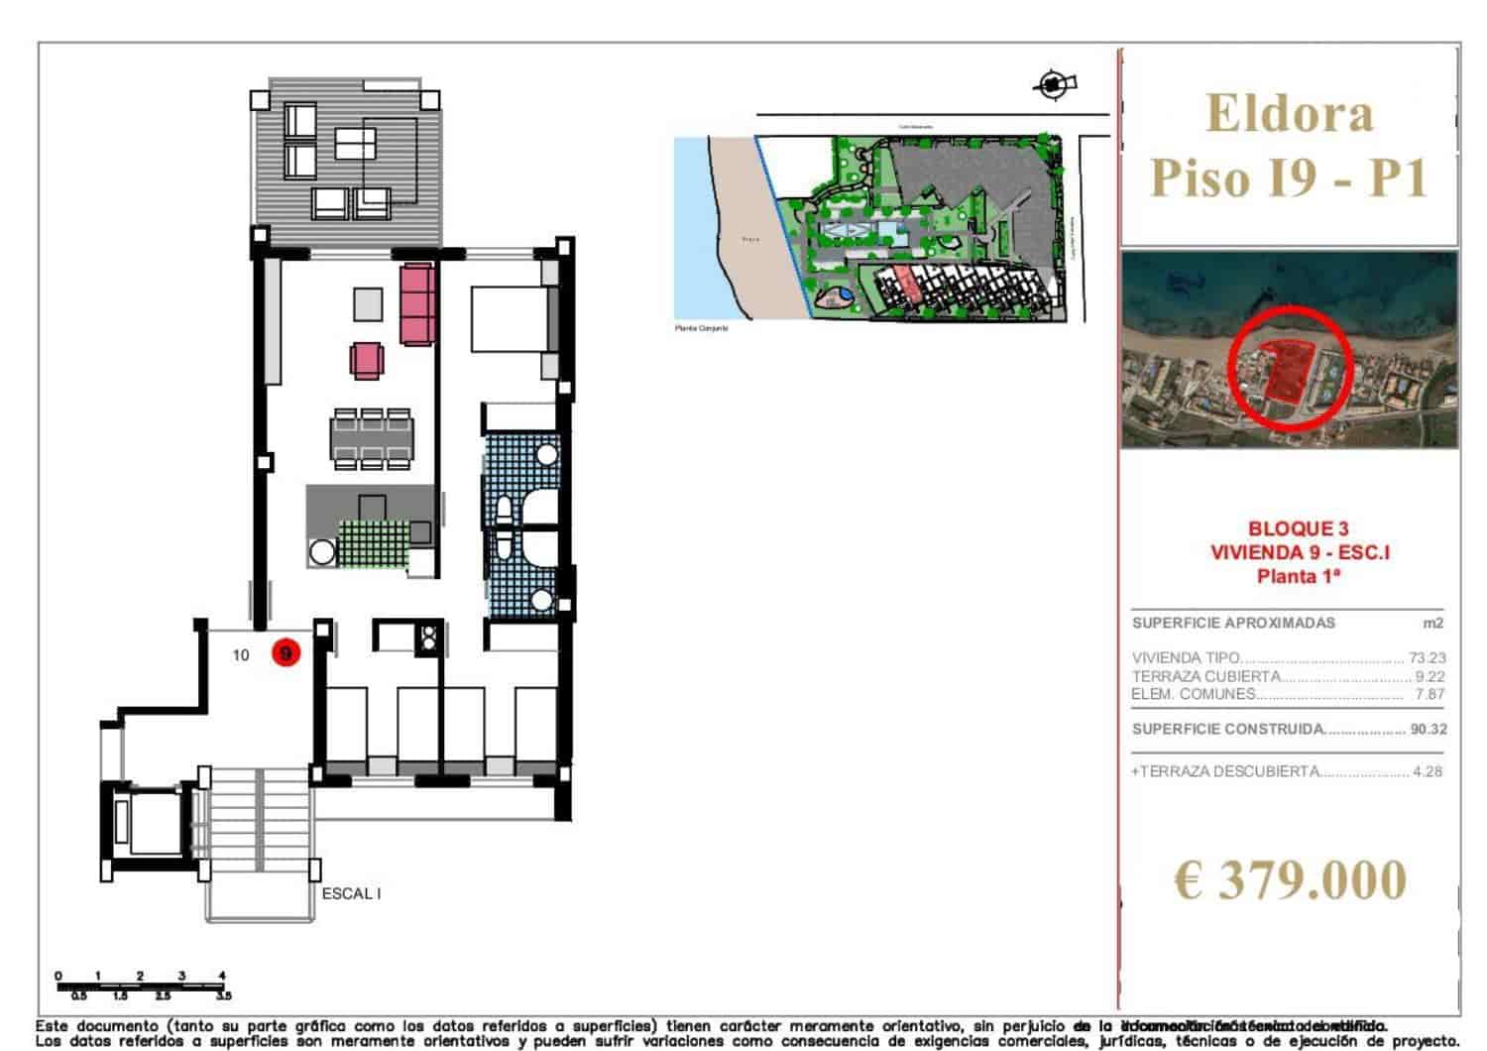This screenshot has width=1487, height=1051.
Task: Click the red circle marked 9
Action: point(286,654)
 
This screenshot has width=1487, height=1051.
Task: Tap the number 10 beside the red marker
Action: point(241,654)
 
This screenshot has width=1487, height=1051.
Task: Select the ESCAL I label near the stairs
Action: point(351,893)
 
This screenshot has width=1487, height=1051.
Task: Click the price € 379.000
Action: point(1290,879)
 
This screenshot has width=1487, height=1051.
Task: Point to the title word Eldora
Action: point(1290,113)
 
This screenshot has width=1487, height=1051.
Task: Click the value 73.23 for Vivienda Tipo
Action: point(1427,657)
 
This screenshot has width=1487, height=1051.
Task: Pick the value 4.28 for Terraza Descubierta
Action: point(1428,771)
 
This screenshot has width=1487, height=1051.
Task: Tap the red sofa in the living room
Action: point(418,303)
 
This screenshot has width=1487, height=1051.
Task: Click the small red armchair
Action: point(365,360)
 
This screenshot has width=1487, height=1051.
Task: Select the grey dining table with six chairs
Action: point(372,437)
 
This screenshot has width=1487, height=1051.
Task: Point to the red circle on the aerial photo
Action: point(1288,367)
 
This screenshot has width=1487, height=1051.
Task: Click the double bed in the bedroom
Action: point(506,319)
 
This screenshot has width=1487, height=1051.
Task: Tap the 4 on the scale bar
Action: point(222,976)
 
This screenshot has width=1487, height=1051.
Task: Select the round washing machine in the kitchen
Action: point(322,552)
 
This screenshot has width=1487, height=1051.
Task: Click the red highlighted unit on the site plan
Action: point(904,284)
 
